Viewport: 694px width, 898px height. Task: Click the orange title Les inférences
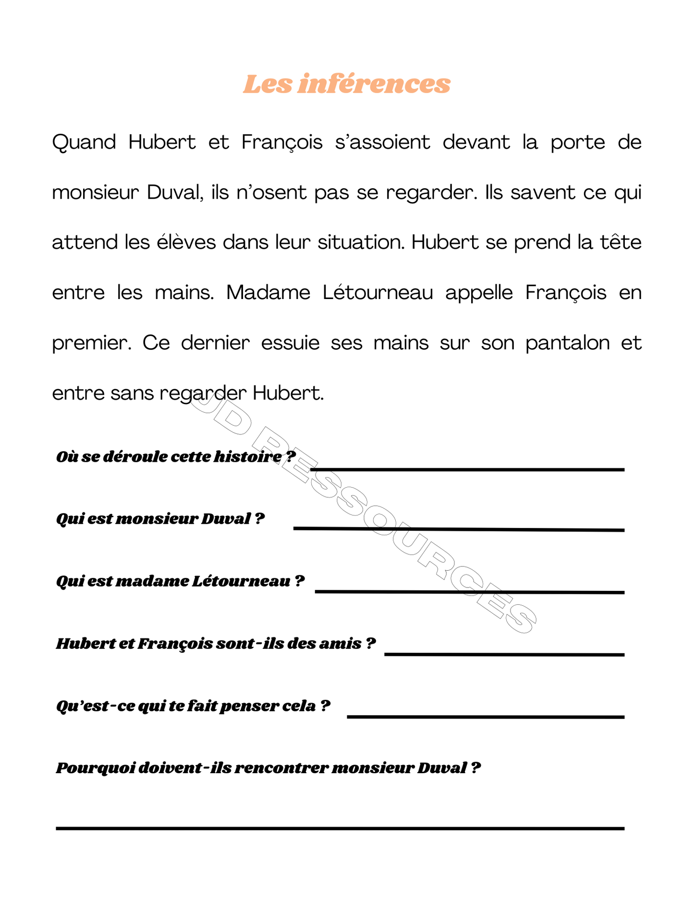coord(346,84)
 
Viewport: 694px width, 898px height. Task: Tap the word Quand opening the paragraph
coord(84,143)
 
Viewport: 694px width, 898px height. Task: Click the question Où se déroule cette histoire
coord(176,456)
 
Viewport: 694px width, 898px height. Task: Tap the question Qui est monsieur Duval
coord(160,519)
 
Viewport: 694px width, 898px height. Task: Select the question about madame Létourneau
coord(180,581)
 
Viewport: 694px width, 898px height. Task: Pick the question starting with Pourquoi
coord(268,768)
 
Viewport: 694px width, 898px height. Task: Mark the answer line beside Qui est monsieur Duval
coord(459,529)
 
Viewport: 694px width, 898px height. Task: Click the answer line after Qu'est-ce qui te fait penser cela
coord(485,717)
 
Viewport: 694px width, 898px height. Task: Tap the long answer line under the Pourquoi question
coord(340,828)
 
